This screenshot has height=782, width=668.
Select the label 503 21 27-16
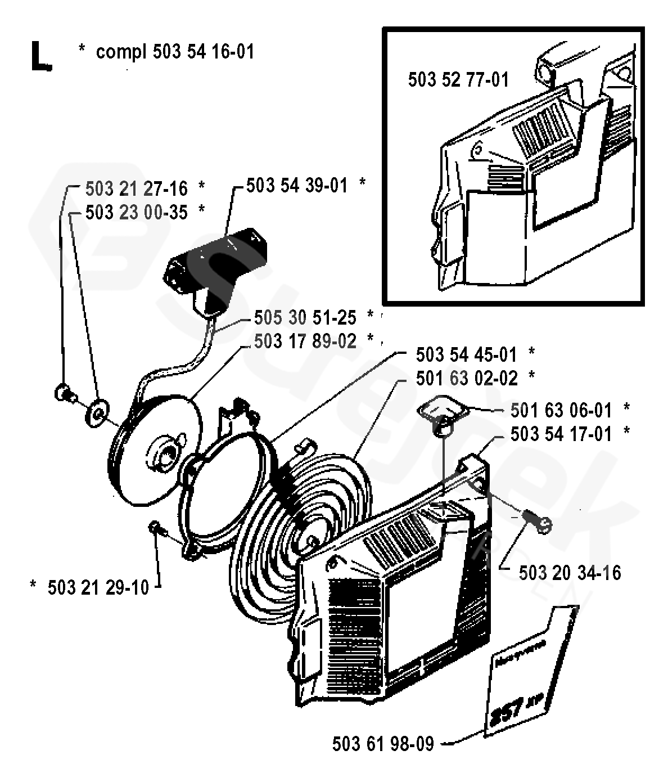[137, 187]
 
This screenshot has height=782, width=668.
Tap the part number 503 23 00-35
[137, 212]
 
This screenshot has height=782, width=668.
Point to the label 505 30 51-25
[305, 318]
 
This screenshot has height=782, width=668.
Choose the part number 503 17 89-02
[305, 341]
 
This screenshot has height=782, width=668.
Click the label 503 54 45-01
[466, 354]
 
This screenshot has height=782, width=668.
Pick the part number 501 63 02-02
[466, 378]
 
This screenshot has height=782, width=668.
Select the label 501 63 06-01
[561, 410]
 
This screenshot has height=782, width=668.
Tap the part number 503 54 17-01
[561, 434]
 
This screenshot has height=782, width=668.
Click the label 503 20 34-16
[570, 573]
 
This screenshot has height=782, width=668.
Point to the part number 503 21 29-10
[98, 588]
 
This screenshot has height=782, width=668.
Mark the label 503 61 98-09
[383, 744]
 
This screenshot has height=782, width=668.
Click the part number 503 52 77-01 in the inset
[458, 80]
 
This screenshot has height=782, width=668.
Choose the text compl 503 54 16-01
[175, 52]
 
